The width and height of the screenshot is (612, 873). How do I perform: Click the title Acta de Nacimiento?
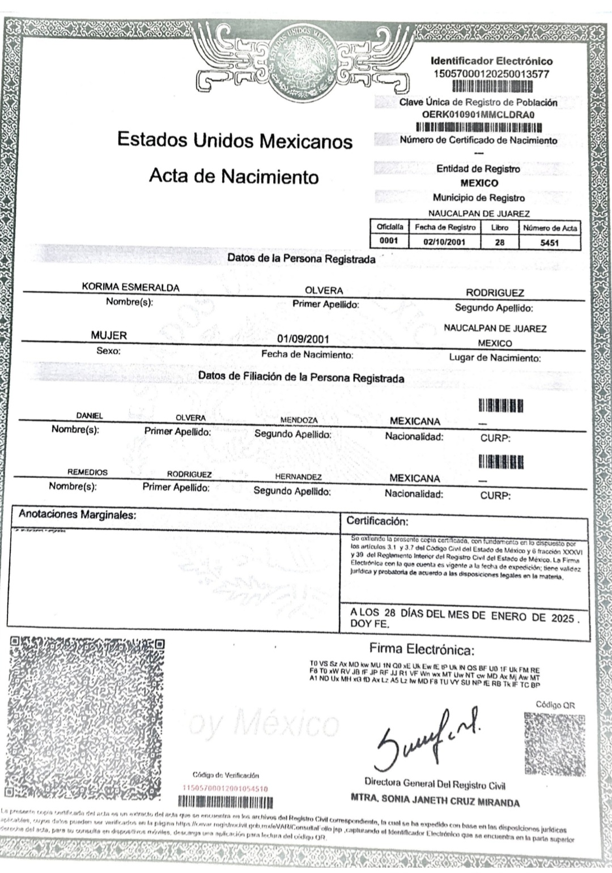click(233, 176)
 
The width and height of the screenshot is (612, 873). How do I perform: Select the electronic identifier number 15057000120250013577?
click(491, 74)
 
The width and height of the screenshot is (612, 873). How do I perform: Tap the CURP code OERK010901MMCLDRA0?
click(478, 114)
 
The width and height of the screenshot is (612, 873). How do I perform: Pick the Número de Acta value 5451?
click(549, 242)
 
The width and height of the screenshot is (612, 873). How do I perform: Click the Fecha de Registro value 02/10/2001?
click(444, 242)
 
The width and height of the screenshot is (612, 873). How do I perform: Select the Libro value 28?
click(499, 242)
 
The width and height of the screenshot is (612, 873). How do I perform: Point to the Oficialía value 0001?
click(389, 241)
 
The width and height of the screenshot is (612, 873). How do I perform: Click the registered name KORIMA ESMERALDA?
click(130, 287)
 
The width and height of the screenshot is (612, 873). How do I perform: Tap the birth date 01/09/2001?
click(303, 339)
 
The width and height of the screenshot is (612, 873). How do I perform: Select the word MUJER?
click(109, 335)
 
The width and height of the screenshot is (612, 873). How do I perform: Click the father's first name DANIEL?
click(90, 416)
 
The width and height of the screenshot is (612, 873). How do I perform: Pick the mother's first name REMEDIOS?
click(87, 472)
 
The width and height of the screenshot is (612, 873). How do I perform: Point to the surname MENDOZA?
click(299, 420)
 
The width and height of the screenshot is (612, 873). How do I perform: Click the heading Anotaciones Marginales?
click(78, 514)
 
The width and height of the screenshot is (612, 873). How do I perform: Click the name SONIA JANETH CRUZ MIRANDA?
click(435, 802)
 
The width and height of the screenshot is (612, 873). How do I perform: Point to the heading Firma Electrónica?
click(422, 649)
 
